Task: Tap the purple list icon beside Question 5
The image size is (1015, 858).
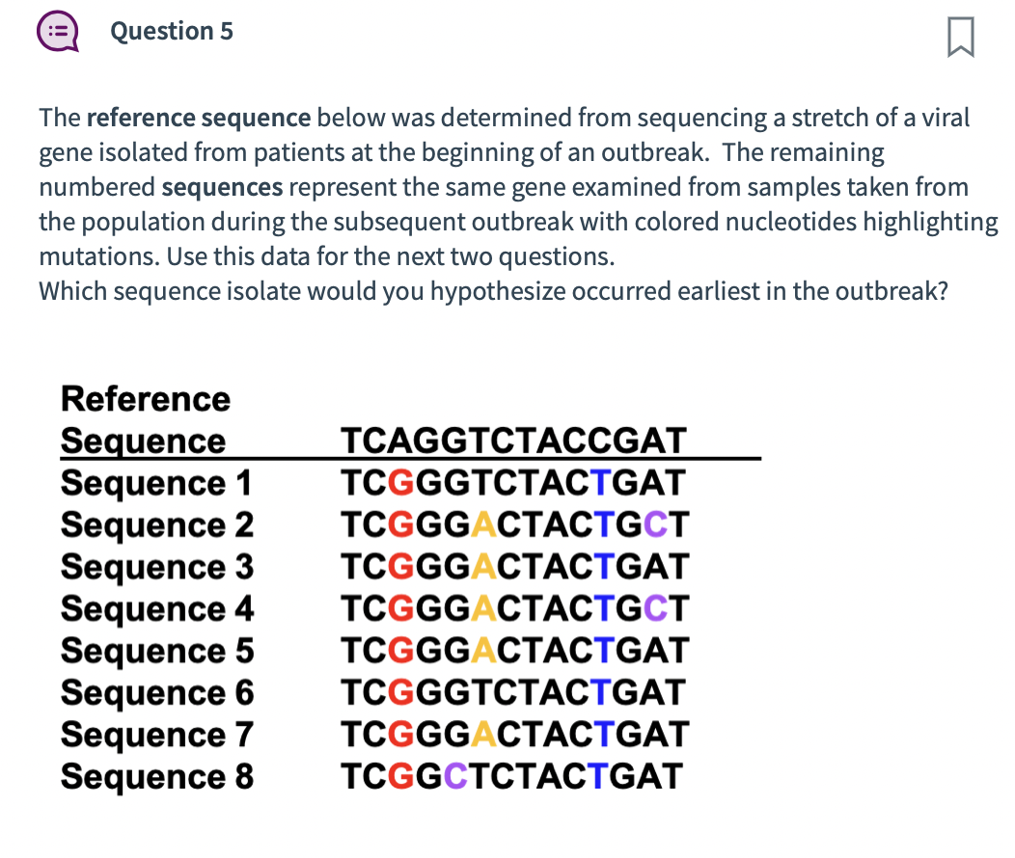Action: point(57,32)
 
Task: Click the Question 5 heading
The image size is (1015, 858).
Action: point(172,32)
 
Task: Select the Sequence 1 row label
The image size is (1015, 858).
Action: point(156,482)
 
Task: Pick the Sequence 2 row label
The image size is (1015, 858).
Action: point(156,524)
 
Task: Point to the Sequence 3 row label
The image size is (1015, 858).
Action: point(156,567)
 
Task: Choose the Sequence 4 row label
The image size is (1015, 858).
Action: point(156,608)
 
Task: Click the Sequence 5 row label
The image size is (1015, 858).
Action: point(156,651)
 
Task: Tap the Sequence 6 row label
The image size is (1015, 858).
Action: point(156,692)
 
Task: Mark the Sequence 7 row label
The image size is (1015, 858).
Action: point(156,735)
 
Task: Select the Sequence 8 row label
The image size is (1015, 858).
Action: point(156,776)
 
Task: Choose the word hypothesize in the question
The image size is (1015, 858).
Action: point(498,291)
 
